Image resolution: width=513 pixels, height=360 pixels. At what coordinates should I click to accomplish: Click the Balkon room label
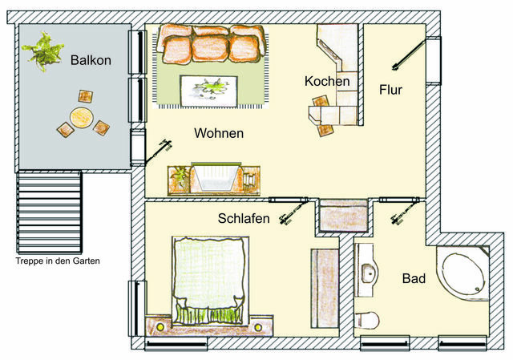[91, 60]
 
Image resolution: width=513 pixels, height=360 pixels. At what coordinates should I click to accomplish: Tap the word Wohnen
[219, 134]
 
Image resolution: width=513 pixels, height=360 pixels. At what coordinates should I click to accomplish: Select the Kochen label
[327, 82]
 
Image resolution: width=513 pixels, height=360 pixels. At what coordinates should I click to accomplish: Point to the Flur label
[390, 90]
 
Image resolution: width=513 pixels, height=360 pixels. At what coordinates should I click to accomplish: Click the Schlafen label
[244, 218]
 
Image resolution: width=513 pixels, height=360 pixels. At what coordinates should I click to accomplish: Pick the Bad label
[414, 279]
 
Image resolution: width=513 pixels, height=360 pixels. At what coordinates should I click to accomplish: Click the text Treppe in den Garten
[57, 261]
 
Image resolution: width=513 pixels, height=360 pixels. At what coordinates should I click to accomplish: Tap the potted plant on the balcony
[42, 51]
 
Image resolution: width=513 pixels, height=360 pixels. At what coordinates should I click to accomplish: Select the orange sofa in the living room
[212, 44]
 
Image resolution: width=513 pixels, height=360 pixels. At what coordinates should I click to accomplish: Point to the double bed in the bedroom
[207, 277]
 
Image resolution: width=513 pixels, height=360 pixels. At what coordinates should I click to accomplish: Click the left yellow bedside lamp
[160, 327]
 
